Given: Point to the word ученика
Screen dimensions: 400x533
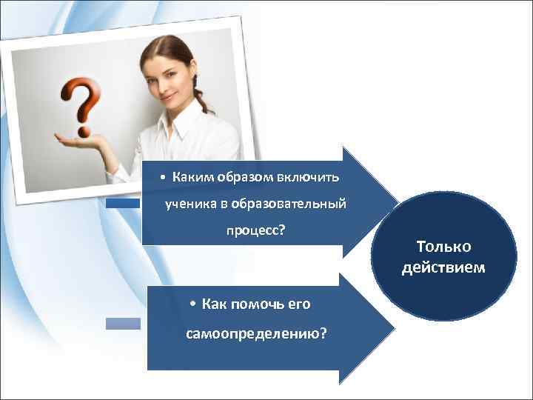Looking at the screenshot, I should coord(187,204).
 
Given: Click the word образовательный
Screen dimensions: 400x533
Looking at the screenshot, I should coord(289,204).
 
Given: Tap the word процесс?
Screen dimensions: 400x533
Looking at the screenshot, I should coord(255,230).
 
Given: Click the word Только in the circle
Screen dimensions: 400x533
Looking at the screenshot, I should coord(443,247).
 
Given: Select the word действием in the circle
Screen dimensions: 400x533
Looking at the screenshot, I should coord(443,267).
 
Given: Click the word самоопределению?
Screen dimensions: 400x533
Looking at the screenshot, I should coord(255,334).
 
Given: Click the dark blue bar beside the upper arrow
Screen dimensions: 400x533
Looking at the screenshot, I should coord(121,202).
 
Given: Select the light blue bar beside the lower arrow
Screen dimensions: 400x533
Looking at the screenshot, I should coord(122,324).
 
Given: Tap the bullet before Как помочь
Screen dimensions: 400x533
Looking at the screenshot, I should coord(191,304).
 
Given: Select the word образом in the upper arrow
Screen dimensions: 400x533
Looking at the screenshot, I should coord(242,177).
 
